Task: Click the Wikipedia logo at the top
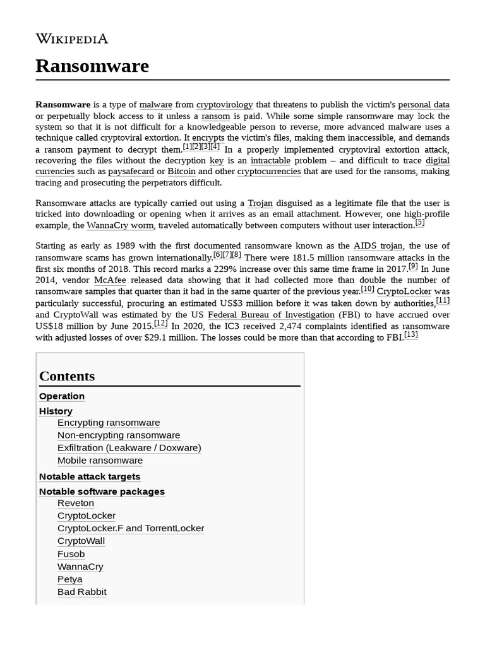pyautogui.click(x=71, y=39)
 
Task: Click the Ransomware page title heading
pyautogui.click(x=92, y=66)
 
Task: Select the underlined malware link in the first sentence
pyautogui.click(x=155, y=105)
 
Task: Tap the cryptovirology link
pyautogui.click(x=224, y=105)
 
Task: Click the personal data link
pyautogui.click(x=423, y=105)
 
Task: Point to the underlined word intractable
pyautogui.click(x=270, y=160)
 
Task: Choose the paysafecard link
pyautogui.click(x=131, y=172)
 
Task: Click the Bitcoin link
pyautogui.click(x=181, y=172)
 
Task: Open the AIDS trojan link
pyautogui.click(x=378, y=246)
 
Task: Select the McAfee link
pyautogui.click(x=111, y=280)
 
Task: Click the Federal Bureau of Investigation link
pyautogui.click(x=271, y=315)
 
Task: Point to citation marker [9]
pyautogui.click(x=413, y=266)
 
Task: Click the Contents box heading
pyautogui.click(x=67, y=376)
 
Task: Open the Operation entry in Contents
pyautogui.click(x=62, y=396)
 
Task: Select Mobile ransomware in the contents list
pyautogui.click(x=100, y=461)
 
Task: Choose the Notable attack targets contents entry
pyautogui.click(x=90, y=477)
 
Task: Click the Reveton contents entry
pyautogui.click(x=76, y=503)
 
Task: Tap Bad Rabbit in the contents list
pyautogui.click(x=82, y=592)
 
